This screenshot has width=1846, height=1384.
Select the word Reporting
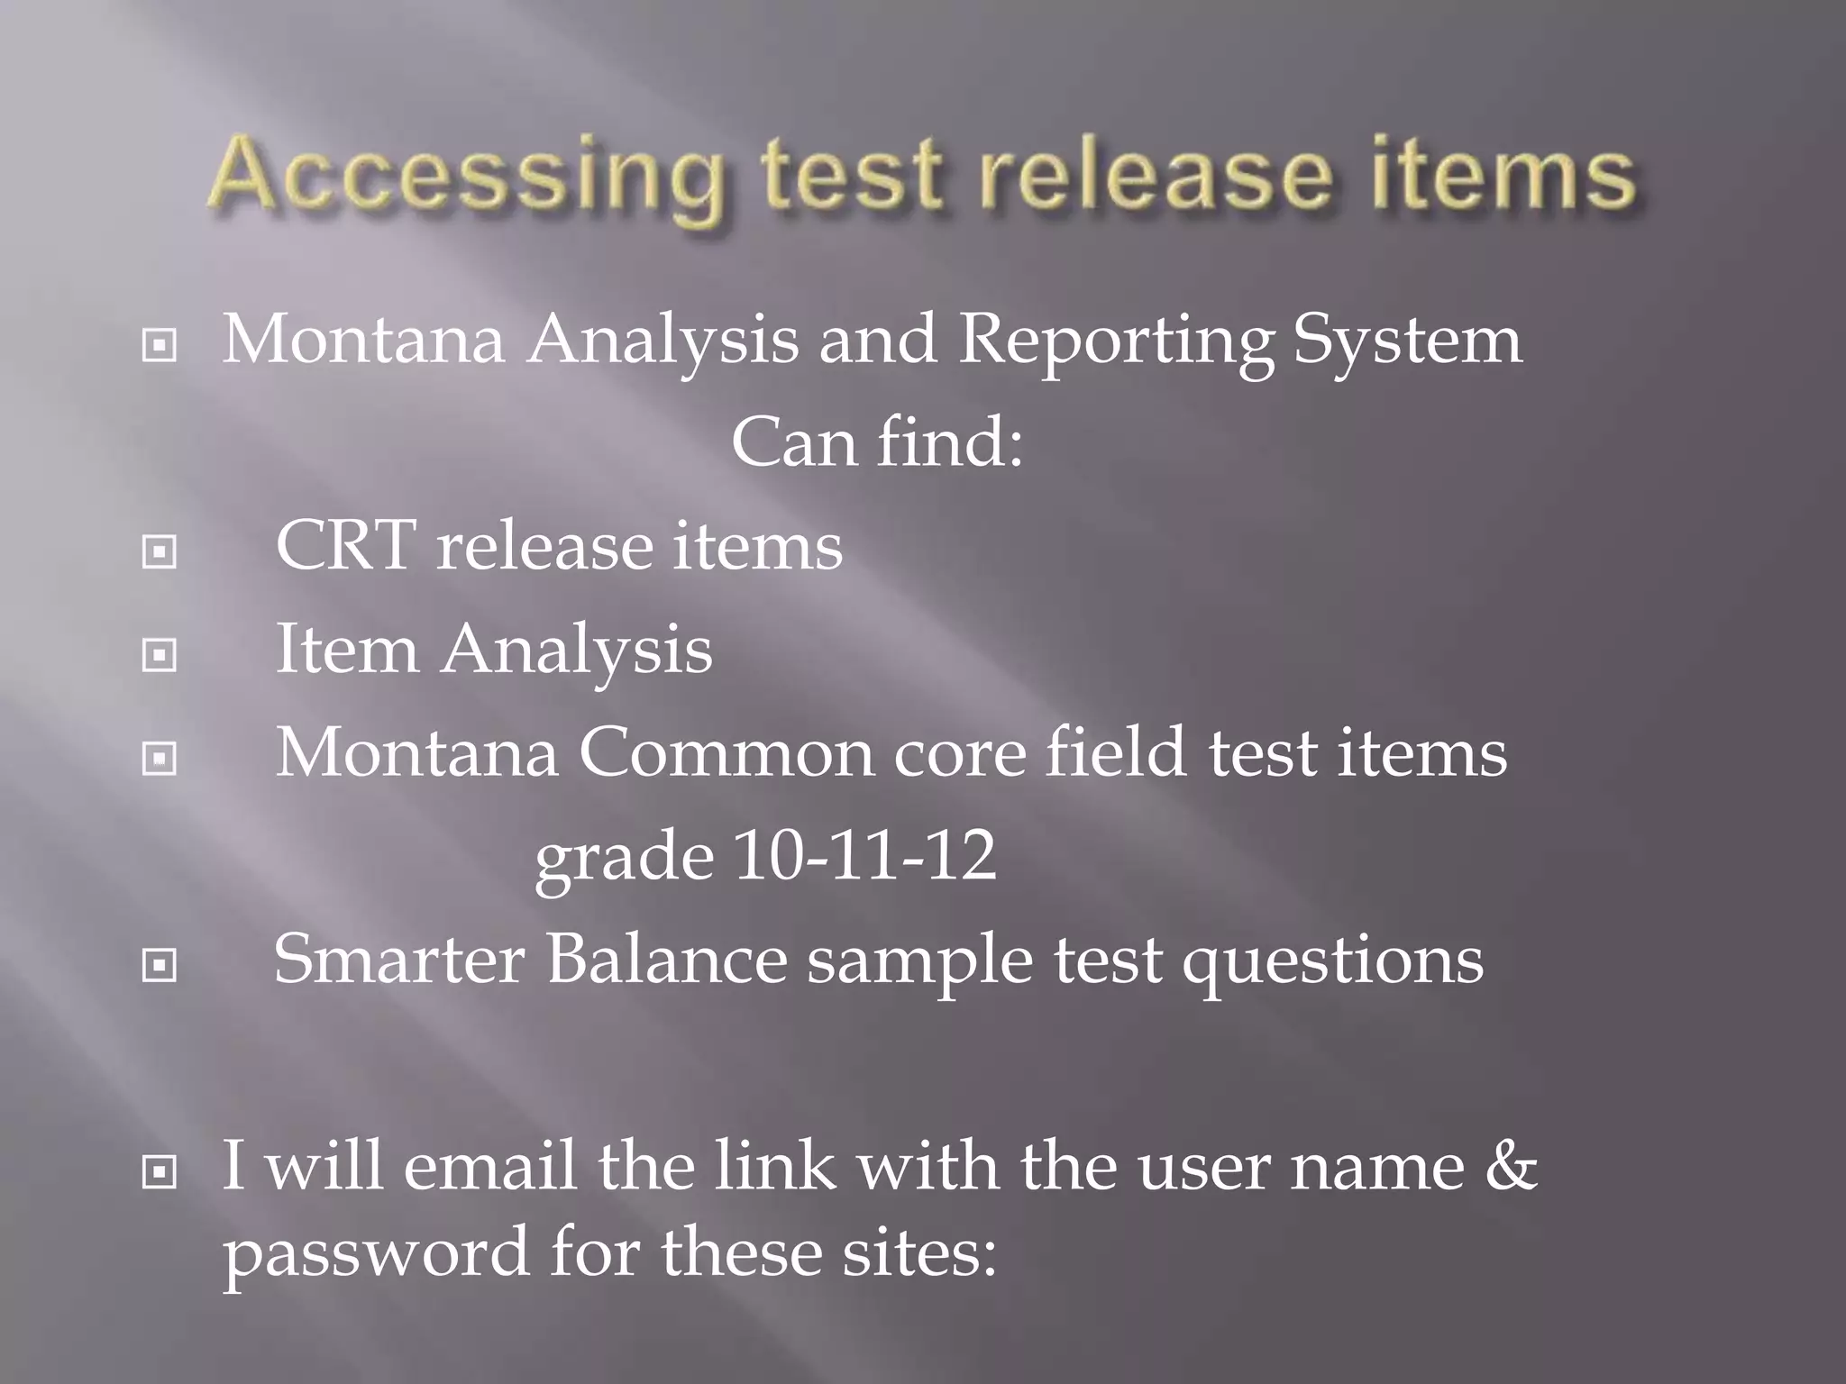click(1116, 342)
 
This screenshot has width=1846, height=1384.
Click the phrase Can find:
click(877, 442)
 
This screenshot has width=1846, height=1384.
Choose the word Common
click(725, 752)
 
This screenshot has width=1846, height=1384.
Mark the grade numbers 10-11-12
click(865, 855)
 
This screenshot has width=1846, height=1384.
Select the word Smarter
click(398, 959)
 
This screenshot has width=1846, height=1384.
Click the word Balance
click(667, 959)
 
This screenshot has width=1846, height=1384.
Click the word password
click(376, 1254)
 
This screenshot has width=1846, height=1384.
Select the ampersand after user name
click(1511, 1166)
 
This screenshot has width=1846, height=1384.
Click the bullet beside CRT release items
click(160, 551)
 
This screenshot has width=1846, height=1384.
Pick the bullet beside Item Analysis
click(160, 655)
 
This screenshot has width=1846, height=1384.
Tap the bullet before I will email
click(160, 1172)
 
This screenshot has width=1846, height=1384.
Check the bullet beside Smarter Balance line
click(160, 966)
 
